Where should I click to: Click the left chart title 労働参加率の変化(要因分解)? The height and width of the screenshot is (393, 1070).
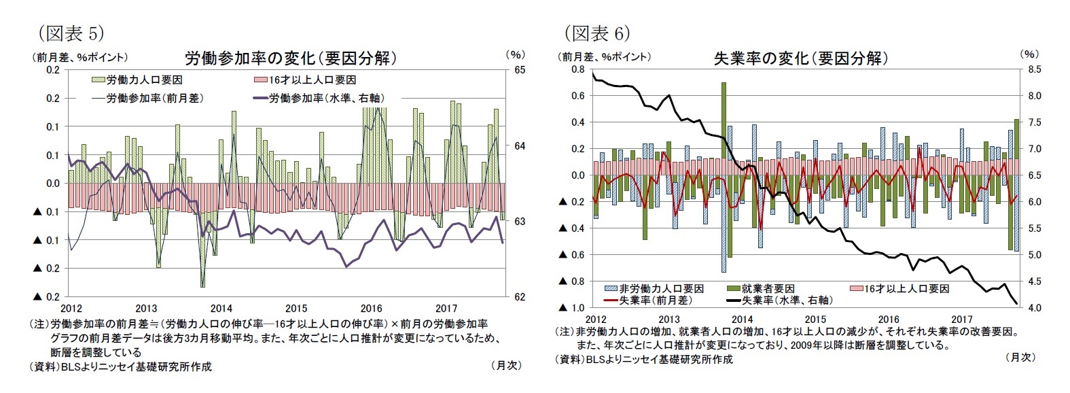(290, 58)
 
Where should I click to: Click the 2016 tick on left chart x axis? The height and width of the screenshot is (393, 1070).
(371, 308)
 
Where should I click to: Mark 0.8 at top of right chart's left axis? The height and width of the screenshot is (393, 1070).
(578, 69)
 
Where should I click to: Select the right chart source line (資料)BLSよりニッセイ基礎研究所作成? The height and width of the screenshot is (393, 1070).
(645, 359)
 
